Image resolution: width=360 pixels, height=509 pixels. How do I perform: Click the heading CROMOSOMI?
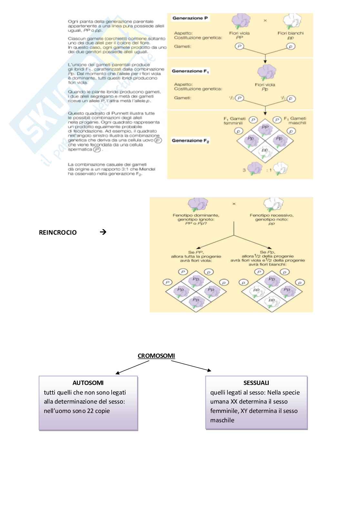[156, 356]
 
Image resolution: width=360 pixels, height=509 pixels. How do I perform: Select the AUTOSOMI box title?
[88, 383]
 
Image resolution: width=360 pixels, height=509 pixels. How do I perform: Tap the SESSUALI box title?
[256, 383]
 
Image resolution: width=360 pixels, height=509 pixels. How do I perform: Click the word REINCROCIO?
[58, 232]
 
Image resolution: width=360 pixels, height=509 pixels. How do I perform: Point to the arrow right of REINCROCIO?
[103, 232]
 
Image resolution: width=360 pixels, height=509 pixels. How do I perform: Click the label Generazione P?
[190, 18]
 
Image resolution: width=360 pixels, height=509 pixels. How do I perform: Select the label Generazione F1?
[190, 71]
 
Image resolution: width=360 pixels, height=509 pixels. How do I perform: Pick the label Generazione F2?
[191, 141]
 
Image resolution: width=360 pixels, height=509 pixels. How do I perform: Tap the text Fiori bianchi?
[290, 33]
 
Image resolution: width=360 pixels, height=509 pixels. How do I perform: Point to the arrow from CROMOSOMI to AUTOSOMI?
[132, 367]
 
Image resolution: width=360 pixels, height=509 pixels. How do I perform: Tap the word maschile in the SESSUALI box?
[222, 420]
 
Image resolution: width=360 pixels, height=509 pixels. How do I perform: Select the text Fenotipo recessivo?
[272, 215]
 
